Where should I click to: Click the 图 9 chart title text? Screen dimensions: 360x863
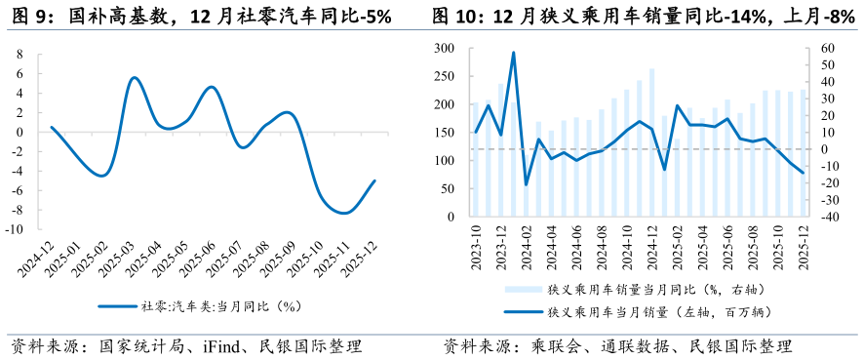pos(199,17)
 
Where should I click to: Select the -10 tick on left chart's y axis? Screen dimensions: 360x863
pos(17,230)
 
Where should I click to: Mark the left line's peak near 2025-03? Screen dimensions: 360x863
pos(135,77)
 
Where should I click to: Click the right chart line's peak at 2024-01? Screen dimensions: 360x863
pos(513,53)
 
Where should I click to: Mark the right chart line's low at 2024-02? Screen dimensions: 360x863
pos(527,184)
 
